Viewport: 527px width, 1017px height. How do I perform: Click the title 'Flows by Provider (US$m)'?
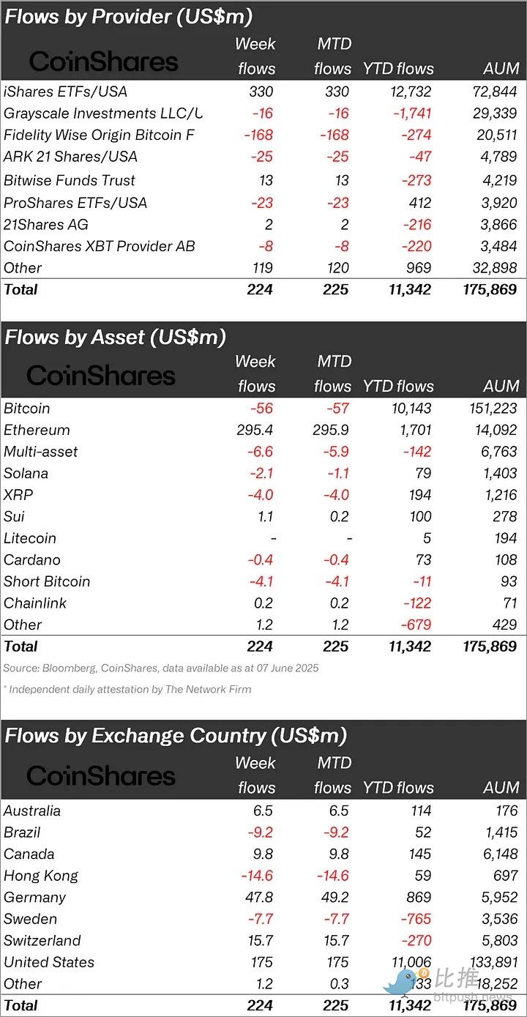point(128,17)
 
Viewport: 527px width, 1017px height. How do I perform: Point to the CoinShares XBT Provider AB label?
point(100,246)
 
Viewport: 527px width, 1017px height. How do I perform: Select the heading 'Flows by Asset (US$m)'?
point(115,337)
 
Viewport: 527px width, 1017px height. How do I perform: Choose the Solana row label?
point(26,473)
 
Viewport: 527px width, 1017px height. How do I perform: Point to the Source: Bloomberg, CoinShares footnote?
point(161,668)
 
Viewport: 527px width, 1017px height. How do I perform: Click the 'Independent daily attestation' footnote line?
point(127,689)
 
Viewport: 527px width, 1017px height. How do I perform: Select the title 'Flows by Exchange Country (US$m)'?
point(176,736)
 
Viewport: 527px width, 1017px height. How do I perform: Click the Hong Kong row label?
point(41,876)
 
